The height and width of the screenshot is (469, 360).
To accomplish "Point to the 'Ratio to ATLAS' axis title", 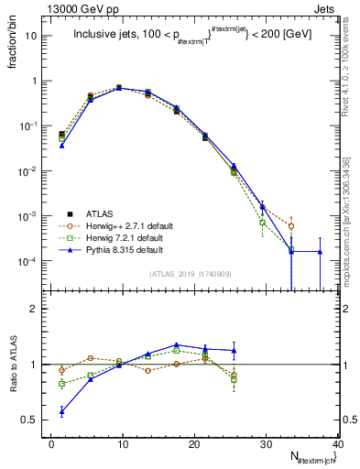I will click(x=14, y=365).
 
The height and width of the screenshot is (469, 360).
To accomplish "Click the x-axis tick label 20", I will click(x=194, y=443).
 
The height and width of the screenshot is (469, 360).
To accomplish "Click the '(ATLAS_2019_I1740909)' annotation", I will click(x=191, y=273).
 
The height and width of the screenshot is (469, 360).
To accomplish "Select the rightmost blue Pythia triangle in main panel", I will click(x=320, y=252).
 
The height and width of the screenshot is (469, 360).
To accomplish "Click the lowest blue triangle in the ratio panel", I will click(x=61, y=411).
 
